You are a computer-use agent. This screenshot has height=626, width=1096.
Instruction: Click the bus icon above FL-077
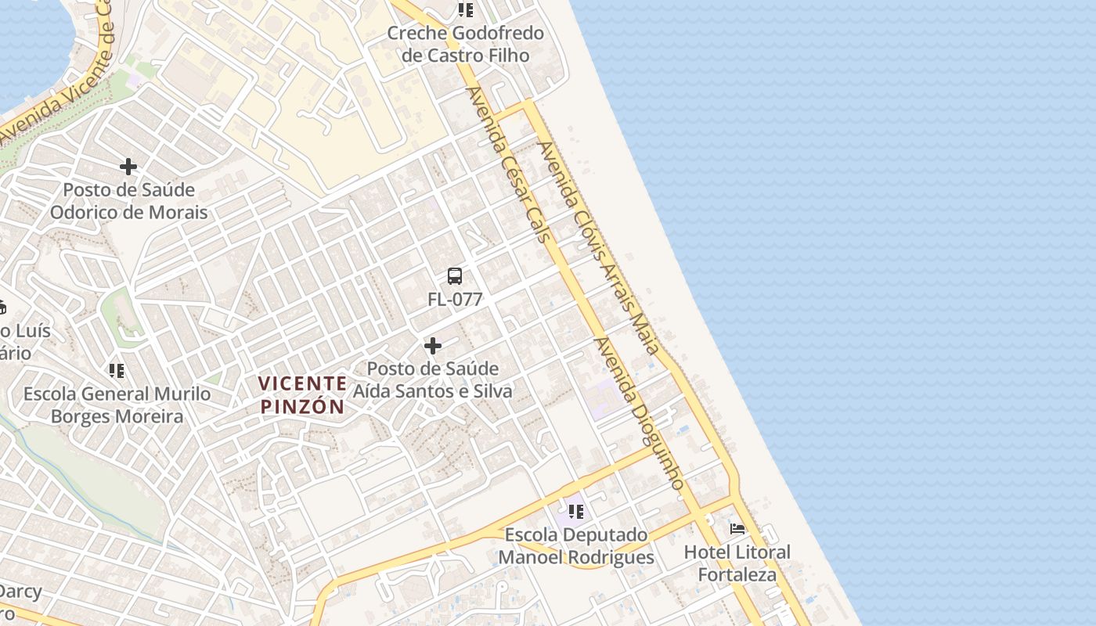[455, 276]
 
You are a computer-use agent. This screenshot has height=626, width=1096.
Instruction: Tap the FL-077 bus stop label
[455, 299]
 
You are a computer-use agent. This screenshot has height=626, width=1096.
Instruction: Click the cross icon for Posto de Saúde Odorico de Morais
[128, 167]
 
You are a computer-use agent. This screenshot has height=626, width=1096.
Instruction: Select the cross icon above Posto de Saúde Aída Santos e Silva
[432, 346]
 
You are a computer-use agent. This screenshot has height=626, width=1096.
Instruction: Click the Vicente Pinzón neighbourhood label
[302, 394]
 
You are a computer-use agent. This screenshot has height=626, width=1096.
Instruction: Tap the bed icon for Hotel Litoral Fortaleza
[737, 529]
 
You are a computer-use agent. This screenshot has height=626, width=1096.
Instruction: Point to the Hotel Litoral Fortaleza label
[737, 563]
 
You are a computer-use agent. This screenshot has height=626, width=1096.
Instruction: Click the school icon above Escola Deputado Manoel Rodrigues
[576, 512]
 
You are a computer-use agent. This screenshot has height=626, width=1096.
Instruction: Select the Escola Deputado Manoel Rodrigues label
[576, 546]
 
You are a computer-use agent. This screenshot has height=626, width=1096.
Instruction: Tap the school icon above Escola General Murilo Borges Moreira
[117, 371]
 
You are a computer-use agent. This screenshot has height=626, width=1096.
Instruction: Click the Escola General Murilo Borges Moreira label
[117, 405]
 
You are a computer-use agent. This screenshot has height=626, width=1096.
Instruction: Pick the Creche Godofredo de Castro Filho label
[465, 44]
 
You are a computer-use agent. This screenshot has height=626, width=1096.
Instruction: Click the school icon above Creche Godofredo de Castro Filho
[466, 10]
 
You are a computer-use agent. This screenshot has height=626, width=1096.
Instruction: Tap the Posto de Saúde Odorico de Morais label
[128, 201]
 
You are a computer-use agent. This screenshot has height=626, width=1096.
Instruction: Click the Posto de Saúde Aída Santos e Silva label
[432, 380]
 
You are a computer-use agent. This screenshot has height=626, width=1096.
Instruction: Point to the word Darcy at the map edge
[21, 591]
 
